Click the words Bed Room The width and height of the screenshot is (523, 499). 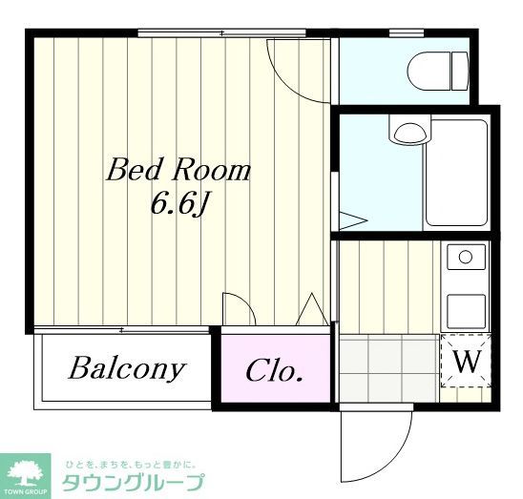pos(178,171)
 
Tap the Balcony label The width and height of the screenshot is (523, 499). pos(126,369)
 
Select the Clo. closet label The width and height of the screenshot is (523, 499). pos(275,370)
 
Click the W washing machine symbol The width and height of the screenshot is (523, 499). pos(465,362)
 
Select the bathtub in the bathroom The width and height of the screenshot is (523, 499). pos(456,172)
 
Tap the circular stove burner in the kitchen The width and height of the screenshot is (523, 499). pos(466,257)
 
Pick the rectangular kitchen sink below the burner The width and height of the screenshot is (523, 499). pos(466,308)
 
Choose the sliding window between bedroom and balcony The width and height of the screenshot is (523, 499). pos(121,330)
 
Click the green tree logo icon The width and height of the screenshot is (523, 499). pos(28,470)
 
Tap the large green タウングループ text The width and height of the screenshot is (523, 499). pos(133,482)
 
